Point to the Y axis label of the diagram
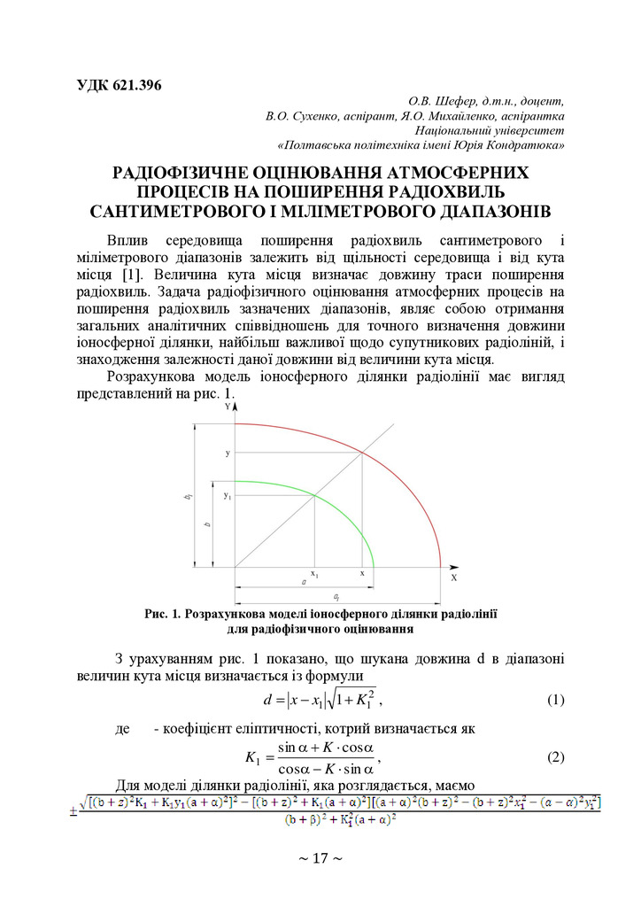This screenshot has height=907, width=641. coord(228,406)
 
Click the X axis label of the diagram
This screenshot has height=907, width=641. coord(453,577)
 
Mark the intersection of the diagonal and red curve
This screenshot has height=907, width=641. coord(362,453)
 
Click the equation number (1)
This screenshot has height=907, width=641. coord(555,701)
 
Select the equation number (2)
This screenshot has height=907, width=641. coord(555,757)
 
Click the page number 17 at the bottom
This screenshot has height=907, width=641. coord(320,857)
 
